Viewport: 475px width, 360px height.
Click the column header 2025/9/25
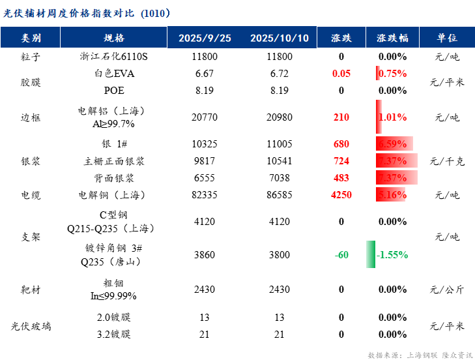[205, 38]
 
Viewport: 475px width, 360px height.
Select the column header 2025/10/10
[280, 38]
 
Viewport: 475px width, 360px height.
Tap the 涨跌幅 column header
[392, 38]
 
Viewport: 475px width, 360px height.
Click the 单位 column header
[446, 38]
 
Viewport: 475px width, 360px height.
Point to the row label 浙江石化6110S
[114, 57]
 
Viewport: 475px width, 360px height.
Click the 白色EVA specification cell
[114, 74]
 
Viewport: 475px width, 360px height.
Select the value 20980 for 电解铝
[280, 117]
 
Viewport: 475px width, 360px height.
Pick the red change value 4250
[341, 194]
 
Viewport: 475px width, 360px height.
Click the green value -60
[341, 255]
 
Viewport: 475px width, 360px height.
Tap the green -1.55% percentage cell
[392, 255]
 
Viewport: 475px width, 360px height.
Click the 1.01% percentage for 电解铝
[392, 117]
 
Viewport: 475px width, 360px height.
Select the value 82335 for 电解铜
[205, 194]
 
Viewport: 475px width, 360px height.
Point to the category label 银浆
[31, 161]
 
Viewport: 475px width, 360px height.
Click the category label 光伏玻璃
[31, 326]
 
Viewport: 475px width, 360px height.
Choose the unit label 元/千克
[446, 161]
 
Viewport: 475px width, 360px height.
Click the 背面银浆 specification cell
[114, 177]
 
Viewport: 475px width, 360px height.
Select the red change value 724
[341, 160]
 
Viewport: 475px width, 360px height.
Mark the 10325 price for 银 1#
[205, 143]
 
